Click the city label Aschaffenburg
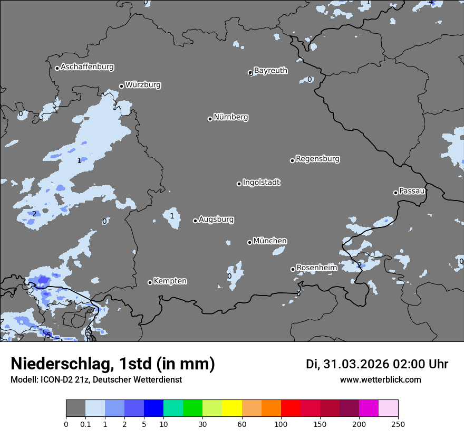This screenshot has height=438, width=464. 87,67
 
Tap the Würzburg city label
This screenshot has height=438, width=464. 143,85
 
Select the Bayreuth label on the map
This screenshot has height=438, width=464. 270,71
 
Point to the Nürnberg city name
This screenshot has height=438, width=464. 231,117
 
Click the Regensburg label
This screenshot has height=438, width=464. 317,159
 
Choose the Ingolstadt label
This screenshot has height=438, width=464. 261,183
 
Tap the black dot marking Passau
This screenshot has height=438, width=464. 395,193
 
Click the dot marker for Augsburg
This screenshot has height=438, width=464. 195,221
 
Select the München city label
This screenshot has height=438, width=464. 270,241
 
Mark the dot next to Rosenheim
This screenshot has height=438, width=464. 293,270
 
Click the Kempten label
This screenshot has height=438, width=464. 170,281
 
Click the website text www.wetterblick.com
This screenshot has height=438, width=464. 380,380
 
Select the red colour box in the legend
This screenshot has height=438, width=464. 291,408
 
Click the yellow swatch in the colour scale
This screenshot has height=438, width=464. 231,408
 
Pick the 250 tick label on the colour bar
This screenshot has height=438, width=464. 398,424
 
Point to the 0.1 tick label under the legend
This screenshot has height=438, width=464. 85,424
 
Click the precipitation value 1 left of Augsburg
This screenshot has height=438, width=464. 172,216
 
